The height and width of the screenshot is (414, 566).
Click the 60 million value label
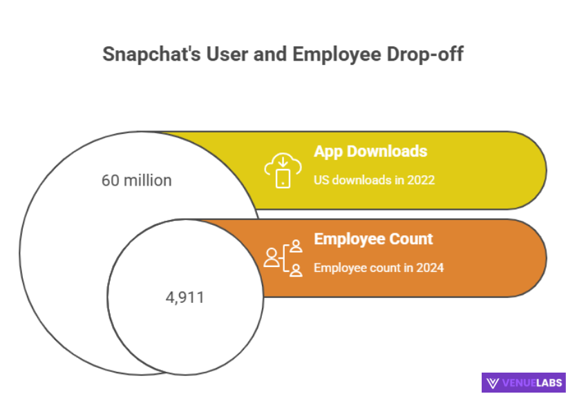[x=136, y=181]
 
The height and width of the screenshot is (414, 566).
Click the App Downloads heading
[x=370, y=151]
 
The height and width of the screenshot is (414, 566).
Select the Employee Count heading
[x=373, y=239]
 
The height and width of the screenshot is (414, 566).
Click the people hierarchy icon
[x=283, y=257]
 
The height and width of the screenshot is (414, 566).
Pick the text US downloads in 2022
[x=374, y=180]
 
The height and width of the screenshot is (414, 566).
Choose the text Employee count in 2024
[x=379, y=268]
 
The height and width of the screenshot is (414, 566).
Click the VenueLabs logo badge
[x=523, y=382]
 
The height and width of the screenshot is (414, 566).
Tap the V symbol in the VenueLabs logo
[x=493, y=383]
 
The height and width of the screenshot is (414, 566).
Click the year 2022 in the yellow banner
[x=420, y=180]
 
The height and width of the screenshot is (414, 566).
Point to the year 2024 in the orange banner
[x=429, y=268]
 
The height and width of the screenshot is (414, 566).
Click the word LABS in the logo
[x=548, y=382]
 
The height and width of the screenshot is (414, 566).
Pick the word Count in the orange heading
[x=412, y=239]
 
